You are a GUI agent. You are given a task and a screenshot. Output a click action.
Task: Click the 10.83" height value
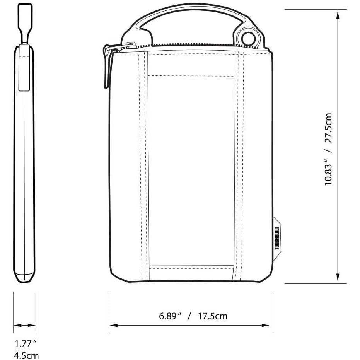328,172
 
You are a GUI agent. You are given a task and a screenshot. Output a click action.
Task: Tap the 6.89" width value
170,316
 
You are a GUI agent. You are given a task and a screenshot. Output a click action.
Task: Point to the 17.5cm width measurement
213,316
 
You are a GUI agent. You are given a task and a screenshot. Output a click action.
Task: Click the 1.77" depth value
26,344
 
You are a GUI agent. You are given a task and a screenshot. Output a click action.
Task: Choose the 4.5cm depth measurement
26,356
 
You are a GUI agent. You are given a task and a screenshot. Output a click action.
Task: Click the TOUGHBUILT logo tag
277,239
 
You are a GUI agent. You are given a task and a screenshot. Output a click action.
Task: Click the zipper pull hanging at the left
108,67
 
